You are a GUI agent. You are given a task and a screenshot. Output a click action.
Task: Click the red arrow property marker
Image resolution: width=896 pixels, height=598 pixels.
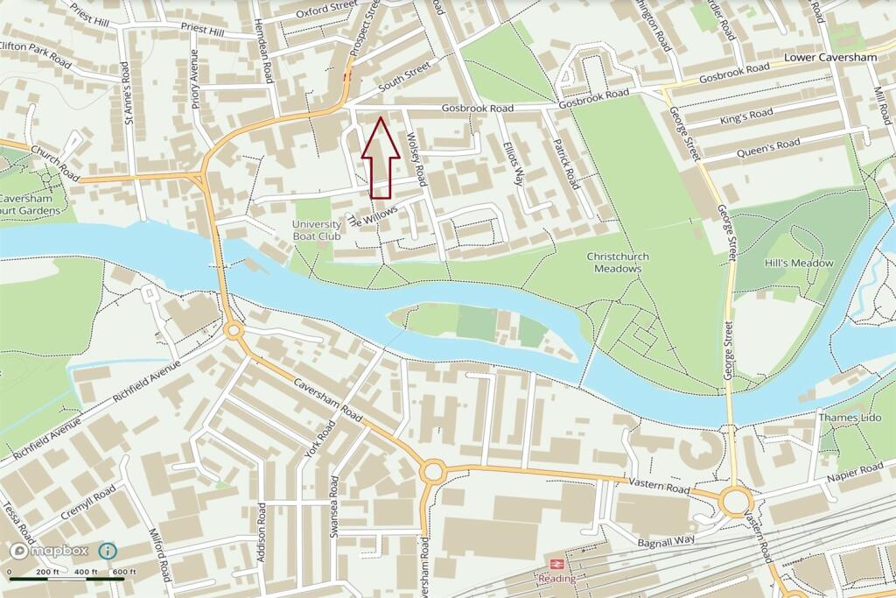[381, 158]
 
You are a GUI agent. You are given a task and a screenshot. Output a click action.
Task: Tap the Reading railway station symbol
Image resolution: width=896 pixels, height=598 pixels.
[556, 564]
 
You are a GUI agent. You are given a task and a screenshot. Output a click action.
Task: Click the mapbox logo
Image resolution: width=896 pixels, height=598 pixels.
[49, 552]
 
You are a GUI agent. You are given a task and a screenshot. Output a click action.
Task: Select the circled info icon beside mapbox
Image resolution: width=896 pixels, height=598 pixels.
[107, 551]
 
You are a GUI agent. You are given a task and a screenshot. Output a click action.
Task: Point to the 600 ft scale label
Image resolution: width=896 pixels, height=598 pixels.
[123, 573]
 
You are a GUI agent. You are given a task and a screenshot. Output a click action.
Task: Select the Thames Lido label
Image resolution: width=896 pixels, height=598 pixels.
[849, 418]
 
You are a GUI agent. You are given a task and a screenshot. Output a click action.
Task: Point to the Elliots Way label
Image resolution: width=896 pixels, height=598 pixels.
[513, 162]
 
